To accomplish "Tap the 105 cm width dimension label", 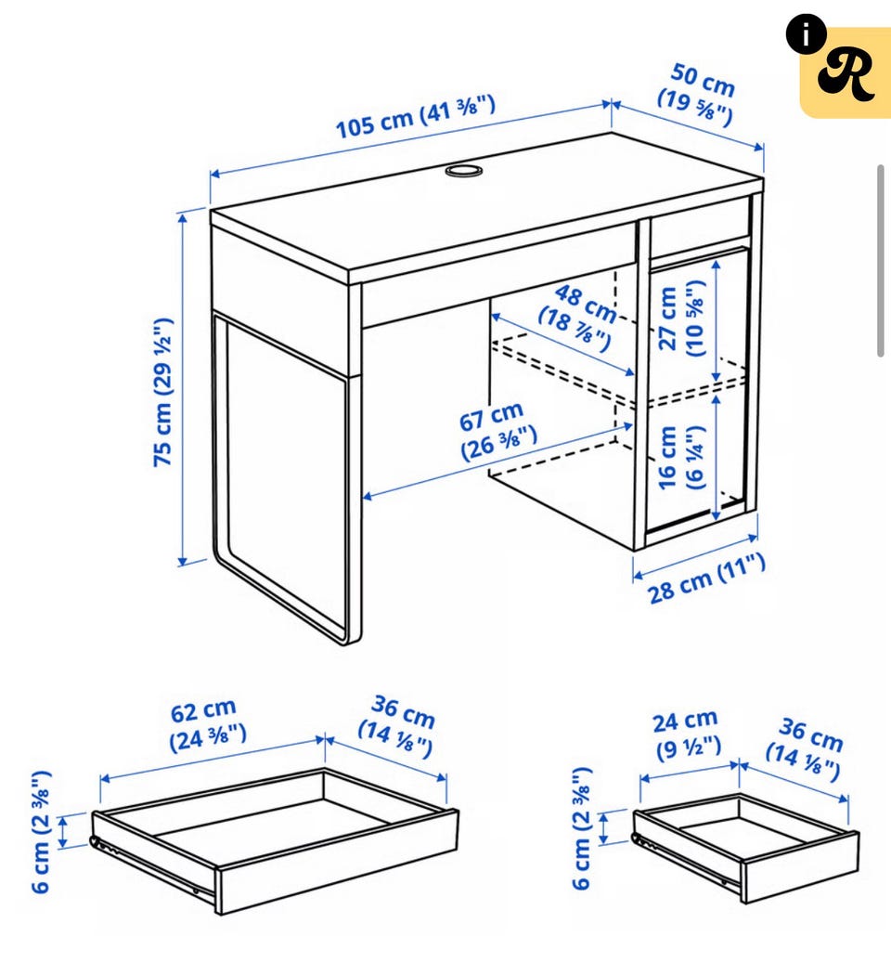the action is click(x=415, y=116).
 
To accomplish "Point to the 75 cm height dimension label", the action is click(x=162, y=393).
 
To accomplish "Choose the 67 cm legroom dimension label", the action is click(x=497, y=432).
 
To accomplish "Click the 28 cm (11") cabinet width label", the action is click(x=707, y=578).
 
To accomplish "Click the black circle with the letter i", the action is click(x=806, y=35).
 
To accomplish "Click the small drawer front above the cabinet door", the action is click(x=700, y=227).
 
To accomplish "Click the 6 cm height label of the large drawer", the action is click(x=41, y=832).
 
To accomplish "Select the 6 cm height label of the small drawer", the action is click(x=582, y=827).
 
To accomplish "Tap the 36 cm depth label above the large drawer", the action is click(x=397, y=726).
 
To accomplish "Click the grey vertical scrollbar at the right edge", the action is click(x=881, y=261).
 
